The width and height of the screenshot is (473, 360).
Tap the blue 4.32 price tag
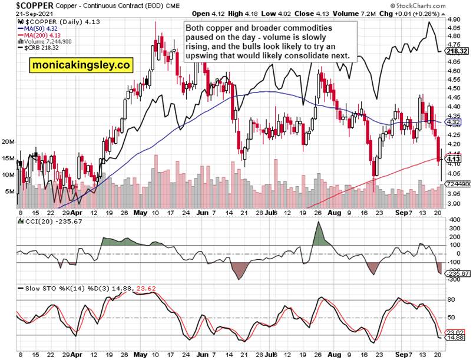454,122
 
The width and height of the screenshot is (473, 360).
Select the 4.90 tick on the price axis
454,19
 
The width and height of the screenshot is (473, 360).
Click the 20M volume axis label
8,142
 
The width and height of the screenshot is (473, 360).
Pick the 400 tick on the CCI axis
454,220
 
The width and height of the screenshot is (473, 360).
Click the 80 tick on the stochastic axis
452,299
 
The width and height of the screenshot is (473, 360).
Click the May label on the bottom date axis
140,354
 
